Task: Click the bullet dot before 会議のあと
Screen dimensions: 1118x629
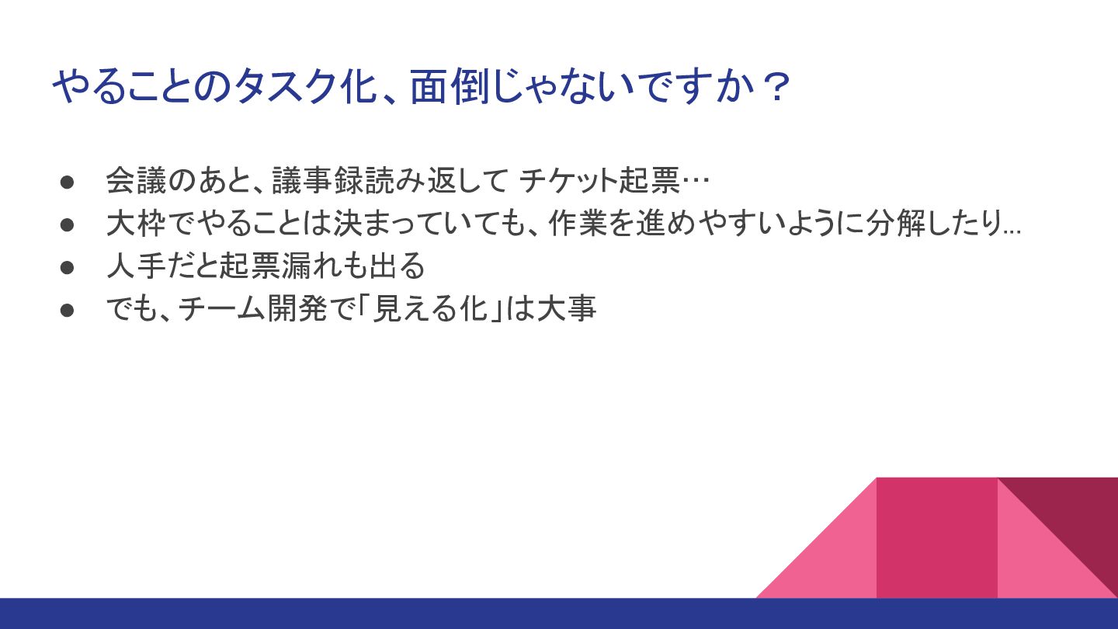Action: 67,182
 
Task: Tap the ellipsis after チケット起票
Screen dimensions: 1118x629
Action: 696,181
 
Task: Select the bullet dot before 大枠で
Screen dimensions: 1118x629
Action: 67,224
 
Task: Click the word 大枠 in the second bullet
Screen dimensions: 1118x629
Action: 136,223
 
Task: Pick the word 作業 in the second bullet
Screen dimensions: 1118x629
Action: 578,223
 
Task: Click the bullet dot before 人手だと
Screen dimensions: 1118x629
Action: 67,268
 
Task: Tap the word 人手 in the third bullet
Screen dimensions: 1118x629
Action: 136,266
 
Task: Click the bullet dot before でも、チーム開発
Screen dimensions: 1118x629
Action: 67,311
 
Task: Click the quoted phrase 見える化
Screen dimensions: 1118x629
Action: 430,308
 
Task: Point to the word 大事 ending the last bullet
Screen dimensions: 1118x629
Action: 567,308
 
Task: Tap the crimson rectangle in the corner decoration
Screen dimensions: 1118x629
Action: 937,537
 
